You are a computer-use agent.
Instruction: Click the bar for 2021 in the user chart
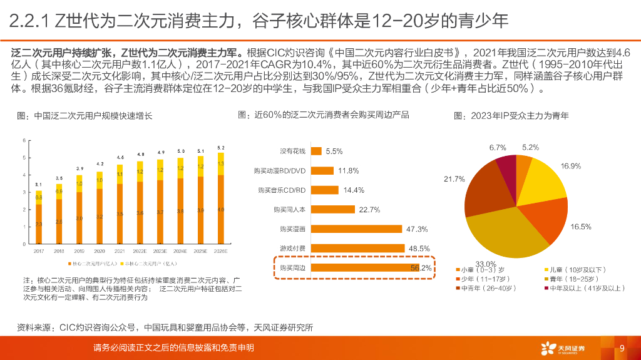(x=120, y=207)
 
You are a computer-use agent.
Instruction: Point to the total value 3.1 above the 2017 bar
(x=39, y=184)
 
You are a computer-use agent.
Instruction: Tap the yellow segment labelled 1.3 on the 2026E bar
(x=220, y=163)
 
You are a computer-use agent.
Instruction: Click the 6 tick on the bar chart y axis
(x=24, y=140)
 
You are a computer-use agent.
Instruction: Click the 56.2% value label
(x=421, y=268)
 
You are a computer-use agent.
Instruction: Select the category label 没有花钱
(x=292, y=152)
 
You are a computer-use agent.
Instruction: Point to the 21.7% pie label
(x=454, y=179)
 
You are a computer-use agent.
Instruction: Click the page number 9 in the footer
(x=622, y=348)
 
